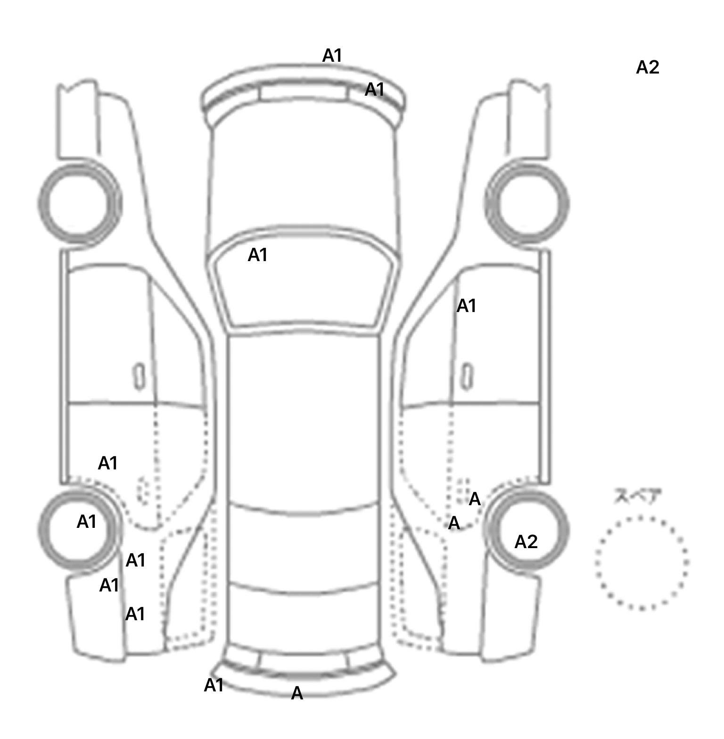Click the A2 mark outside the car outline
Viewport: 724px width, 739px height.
pyautogui.click(x=647, y=67)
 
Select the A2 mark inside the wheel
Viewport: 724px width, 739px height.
pyautogui.click(x=526, y=542)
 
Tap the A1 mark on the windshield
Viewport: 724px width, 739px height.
pyautogui.click(x=257, y=255)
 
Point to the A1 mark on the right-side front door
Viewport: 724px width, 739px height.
pyautogui.click(x=466, y=306)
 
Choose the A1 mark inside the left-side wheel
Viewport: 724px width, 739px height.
pyautogui.click(x=86, y=522)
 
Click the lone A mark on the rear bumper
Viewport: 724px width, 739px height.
pyautogui.click(x=297, y=693)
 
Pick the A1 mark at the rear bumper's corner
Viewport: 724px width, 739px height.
pyautogui.click(x=214, y=685)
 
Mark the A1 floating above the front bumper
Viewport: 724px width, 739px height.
pyautogui.click(x=332, y=56)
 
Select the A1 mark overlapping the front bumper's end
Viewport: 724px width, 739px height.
pyautogui.click(x=375, y=89)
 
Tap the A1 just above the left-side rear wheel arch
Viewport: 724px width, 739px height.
pyautogui.click(x=107, y=463)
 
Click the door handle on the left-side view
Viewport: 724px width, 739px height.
pyautogui.click(x=139, y=376)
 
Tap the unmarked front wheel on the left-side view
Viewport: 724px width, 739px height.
pyautogui.click(x=79, y=203)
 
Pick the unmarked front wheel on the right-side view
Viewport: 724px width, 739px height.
pyautogui.click(x=527, y=203)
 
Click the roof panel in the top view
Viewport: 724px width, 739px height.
pyautogui.click(x=304, y=419)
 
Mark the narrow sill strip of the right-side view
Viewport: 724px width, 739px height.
pyautogui.click(x=545, y=368)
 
